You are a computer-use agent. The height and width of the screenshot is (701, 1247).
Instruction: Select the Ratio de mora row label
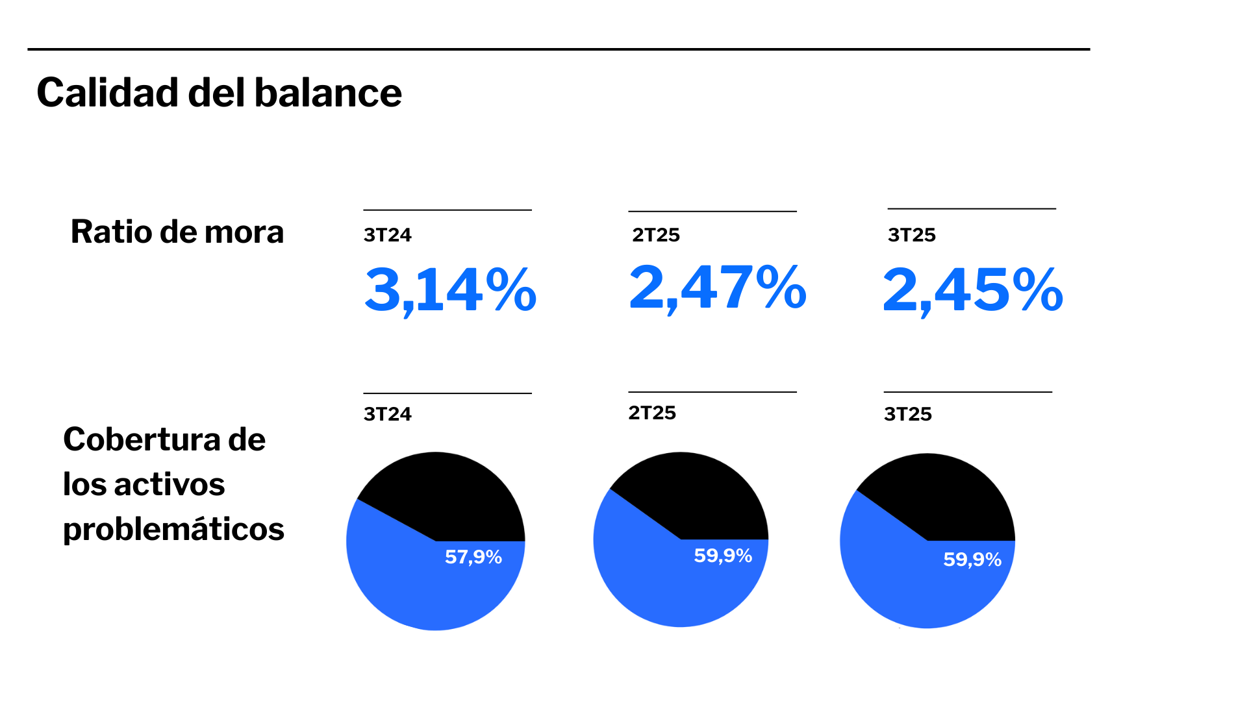[177, 232]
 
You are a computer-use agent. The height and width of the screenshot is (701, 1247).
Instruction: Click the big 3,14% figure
[450, 290]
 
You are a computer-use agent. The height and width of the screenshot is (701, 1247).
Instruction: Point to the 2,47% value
[718, 288]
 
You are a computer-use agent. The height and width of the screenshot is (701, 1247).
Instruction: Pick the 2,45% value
[972, 290]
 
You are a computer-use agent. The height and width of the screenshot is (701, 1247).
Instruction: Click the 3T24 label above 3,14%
[388, 235]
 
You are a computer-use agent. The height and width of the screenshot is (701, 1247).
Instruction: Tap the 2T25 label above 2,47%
[656, 235]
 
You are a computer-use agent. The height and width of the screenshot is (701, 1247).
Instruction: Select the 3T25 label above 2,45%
[912, 235]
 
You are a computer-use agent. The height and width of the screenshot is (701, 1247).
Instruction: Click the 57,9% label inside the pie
[473, 557]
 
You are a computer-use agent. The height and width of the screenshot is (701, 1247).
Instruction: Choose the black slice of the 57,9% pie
[448, 497]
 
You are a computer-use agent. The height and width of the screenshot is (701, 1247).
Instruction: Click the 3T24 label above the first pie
[388, 414]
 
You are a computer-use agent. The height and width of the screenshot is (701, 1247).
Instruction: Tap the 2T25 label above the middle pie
[652, 413]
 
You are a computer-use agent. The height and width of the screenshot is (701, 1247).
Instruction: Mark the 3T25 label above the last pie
[908, 414]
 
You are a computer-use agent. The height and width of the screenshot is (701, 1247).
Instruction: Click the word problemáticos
[173, 529]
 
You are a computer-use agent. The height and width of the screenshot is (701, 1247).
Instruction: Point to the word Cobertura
[142, 439]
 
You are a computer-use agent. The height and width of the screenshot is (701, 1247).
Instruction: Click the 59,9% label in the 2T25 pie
[723, 556]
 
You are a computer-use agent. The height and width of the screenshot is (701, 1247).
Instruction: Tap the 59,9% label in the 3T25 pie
[972, 560]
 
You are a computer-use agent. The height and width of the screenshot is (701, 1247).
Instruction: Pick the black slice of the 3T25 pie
[942, 497]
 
